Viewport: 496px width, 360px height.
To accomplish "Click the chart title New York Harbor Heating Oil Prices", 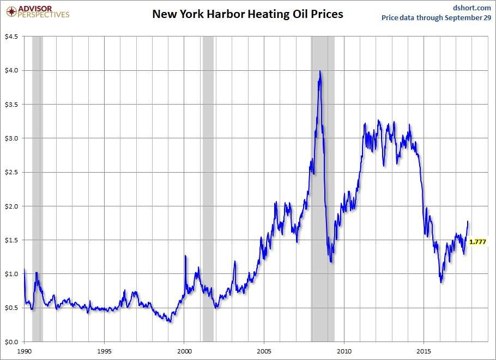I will coord(247,14).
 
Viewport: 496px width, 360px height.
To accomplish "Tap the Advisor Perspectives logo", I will coord(38,11).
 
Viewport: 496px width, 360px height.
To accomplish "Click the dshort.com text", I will coord(472,7).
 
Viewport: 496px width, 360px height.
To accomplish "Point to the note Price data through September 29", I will coord(436,18).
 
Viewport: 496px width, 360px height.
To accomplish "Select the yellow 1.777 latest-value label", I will coord(477,241).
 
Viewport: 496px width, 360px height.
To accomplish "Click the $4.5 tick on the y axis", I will coord(11,36).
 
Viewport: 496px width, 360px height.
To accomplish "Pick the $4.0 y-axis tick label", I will coord(11,70).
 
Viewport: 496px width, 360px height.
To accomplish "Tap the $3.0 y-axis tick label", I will coord(11,138).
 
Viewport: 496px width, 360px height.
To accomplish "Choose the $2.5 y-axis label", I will coord(11,172).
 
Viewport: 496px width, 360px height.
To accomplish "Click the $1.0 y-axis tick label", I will coord(11,274).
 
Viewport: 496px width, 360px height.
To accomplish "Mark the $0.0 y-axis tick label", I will coord(11,342).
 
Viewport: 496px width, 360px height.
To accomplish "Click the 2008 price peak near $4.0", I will coord(319,71).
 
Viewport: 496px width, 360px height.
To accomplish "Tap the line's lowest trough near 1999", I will coord(171,321).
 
